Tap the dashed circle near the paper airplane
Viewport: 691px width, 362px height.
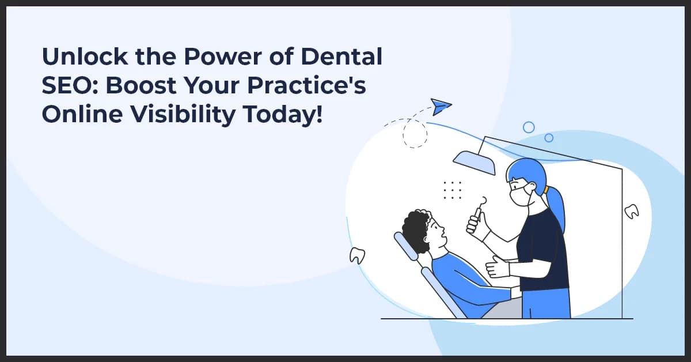pos(415,134)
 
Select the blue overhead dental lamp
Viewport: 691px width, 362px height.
pos(474,162)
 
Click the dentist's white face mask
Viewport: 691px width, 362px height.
pos(521,194)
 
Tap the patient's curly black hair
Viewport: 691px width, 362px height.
pos(416,229)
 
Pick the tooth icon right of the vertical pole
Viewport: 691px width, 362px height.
pos(632,212)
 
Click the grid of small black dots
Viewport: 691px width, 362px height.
pos(453,190)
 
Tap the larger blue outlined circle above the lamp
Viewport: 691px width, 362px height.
pos(528,127)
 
